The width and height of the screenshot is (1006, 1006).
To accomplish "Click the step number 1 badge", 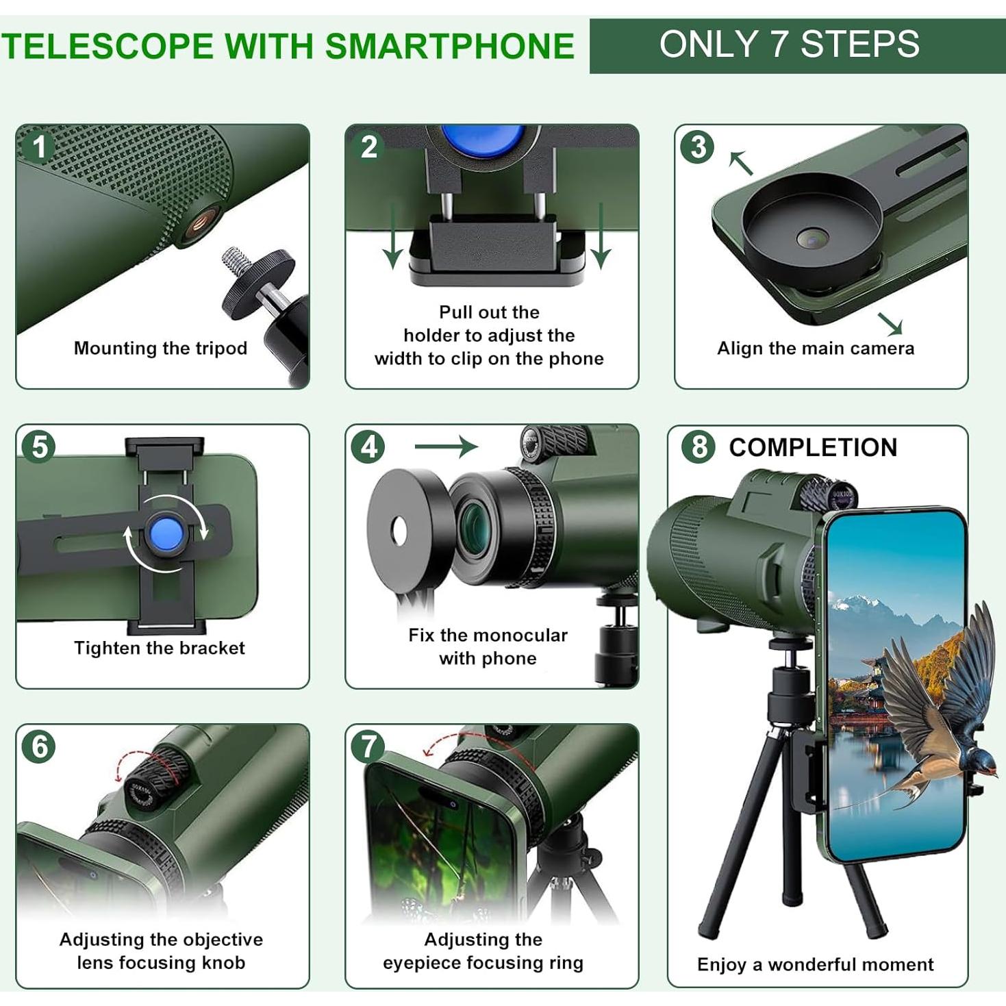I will (x=39, y=147).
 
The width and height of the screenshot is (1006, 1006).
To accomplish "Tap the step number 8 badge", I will (x=699, y=447).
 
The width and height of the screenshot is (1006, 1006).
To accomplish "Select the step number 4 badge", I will (x=368, y=447).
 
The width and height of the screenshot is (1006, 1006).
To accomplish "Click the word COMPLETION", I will (x=813, y=448).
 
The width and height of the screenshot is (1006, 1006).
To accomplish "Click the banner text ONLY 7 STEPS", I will (x=789, y=45).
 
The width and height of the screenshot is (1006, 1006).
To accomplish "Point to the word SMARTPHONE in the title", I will (x=449, y=47).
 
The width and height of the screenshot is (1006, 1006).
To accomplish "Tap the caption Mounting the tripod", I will (x=160, y=349).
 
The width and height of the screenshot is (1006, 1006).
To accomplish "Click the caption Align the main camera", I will (x=815, y=349).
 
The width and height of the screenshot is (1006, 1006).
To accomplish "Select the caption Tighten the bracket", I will (x=160, y=649).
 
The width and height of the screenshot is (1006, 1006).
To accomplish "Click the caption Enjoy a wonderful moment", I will (x=815, y=965).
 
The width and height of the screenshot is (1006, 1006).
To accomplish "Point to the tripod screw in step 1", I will (x=238, y=264).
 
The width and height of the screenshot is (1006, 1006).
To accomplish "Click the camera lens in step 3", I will (x=812, y=238).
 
